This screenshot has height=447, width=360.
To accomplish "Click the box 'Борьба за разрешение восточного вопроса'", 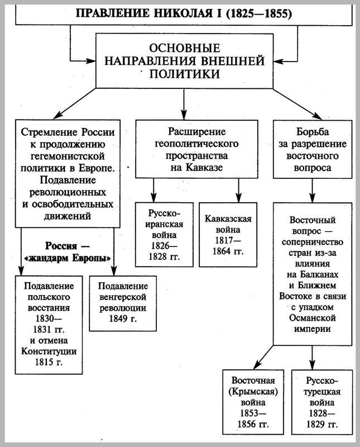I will tap(311, 148).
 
